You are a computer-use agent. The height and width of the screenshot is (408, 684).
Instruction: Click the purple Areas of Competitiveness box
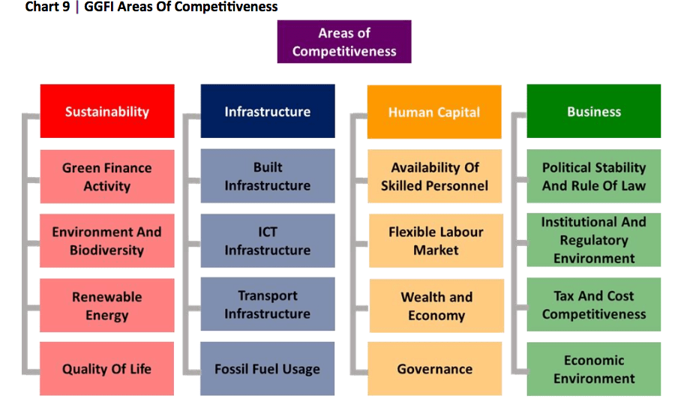(344, 41)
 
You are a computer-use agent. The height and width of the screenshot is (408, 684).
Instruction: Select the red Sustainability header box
(107, 111)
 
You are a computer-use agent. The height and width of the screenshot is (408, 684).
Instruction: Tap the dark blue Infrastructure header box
(268, 111)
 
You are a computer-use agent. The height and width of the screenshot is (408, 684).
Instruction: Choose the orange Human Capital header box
(434, 112)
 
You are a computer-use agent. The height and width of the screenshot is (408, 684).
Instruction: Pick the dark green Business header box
(594, 111)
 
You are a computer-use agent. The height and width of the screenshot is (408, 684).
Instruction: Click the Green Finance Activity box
(107, 177)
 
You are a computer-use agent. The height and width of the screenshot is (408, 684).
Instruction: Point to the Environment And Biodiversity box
(107, 241)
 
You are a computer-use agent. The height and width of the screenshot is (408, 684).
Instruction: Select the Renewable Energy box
(107, 305)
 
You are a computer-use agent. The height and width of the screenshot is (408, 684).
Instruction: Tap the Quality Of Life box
(106, 369)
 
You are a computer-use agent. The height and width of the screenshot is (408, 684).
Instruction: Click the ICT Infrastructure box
(268, 241)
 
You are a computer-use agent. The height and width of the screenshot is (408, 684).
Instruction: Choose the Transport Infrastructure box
(268, 304)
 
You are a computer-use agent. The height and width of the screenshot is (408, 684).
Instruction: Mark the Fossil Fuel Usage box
(268, 369)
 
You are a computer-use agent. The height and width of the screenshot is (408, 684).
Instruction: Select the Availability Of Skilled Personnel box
(435, 176)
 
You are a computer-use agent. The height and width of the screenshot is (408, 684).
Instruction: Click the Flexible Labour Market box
(436, 241)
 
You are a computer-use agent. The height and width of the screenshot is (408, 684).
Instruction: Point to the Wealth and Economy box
(436, 306)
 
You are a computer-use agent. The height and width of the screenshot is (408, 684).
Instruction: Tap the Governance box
(435, 369)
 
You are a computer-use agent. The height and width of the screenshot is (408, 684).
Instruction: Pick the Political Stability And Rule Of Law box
(594, 176)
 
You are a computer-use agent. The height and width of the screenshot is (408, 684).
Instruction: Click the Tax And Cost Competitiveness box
(594, 304)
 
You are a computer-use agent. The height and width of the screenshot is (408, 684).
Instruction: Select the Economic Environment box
(594, 369)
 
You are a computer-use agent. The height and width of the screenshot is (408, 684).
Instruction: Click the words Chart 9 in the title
(47, 7)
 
